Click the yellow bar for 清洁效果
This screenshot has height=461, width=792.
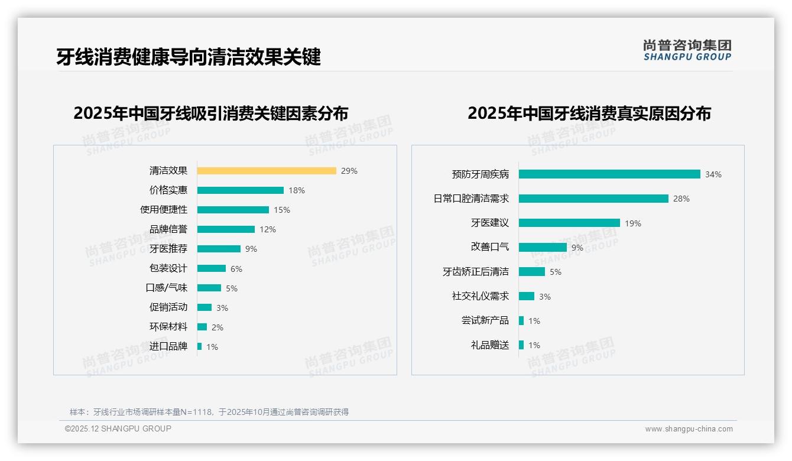[x=267, y=171]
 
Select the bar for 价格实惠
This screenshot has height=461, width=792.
[x=241, y=190]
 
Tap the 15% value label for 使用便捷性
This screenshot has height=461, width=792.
[x=282, y=210]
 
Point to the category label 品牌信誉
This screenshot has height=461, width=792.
[x=168, y=229]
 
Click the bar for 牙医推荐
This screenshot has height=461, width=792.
[x=219, y=249]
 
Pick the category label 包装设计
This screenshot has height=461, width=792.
[x=168, y=268]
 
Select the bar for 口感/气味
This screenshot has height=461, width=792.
[x=209, y=288]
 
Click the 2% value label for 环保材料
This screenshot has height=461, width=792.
[x=218, y=327]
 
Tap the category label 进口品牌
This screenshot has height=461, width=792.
[x=168, y=346]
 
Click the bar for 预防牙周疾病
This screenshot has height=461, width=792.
[x=609, y=174]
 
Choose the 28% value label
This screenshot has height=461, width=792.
[x=681, y=199]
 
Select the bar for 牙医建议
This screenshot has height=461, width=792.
[x=569, y=223]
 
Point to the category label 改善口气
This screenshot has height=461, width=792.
[x=490, y=247]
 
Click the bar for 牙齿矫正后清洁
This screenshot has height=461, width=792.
[x=532, y=272]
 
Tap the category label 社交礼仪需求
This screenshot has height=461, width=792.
[x=481, y=296]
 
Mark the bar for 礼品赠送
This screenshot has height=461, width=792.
[x=521, y=345]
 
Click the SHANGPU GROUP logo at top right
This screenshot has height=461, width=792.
[x=687, y=50]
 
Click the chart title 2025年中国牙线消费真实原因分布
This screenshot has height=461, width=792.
[x=589, y=113]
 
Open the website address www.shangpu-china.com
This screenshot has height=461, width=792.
[x=689, y=429]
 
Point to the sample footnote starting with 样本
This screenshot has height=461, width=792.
[x=209, y=412]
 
